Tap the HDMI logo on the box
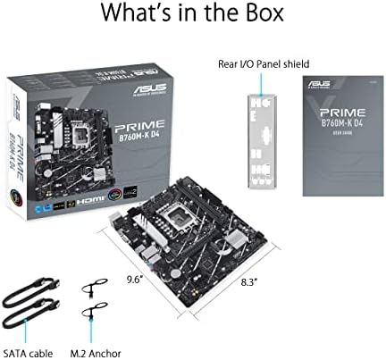point(95,203)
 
